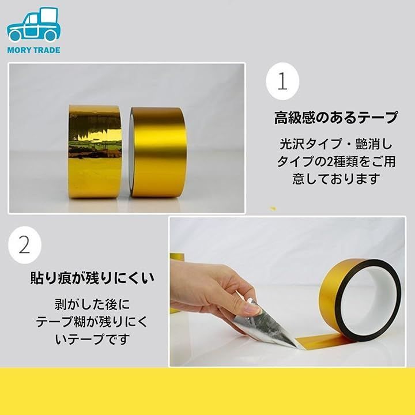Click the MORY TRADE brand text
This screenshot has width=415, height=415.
point(33,50)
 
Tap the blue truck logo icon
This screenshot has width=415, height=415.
point(33,25)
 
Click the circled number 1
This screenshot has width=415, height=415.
point(282,81)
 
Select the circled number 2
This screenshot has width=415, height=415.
point(25,245)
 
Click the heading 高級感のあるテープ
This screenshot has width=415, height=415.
point(336,118)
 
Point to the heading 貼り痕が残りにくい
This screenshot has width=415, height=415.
point(92,278)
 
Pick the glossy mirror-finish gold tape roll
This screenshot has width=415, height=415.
point(95,152)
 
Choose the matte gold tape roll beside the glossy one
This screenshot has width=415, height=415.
point(158,152)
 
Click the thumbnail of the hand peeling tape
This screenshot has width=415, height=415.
point(287,292)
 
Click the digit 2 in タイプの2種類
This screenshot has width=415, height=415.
point(330,161)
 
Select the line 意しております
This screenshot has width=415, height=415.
point(337,179)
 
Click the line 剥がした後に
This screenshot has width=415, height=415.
point(92,304)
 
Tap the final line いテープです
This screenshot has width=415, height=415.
point(92,339)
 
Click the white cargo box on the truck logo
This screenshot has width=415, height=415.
point(49,16)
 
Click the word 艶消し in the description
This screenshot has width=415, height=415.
point(373,144)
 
